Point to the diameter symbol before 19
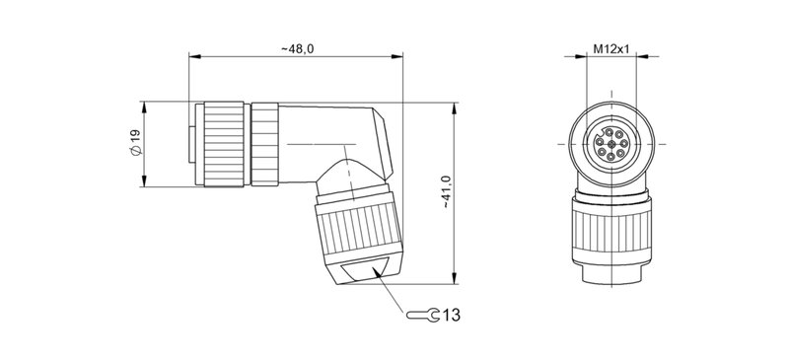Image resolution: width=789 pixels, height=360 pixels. click(136, 154)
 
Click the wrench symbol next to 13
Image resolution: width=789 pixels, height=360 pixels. click(423, 316)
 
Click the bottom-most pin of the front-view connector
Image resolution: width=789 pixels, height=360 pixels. click(612, 161)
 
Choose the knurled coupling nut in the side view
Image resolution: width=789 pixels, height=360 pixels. click(228, 144)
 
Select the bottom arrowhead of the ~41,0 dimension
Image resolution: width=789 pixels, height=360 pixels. click(454, 281)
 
